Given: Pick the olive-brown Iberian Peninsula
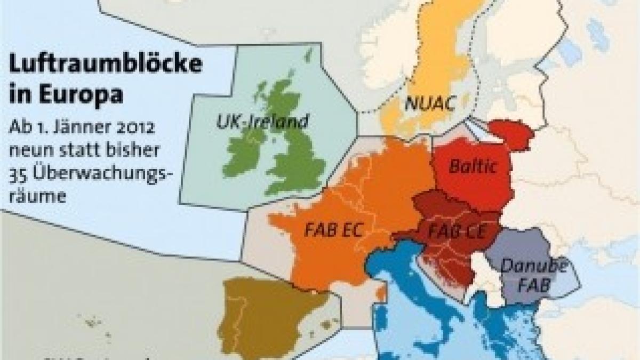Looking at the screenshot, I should point(267,315).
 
